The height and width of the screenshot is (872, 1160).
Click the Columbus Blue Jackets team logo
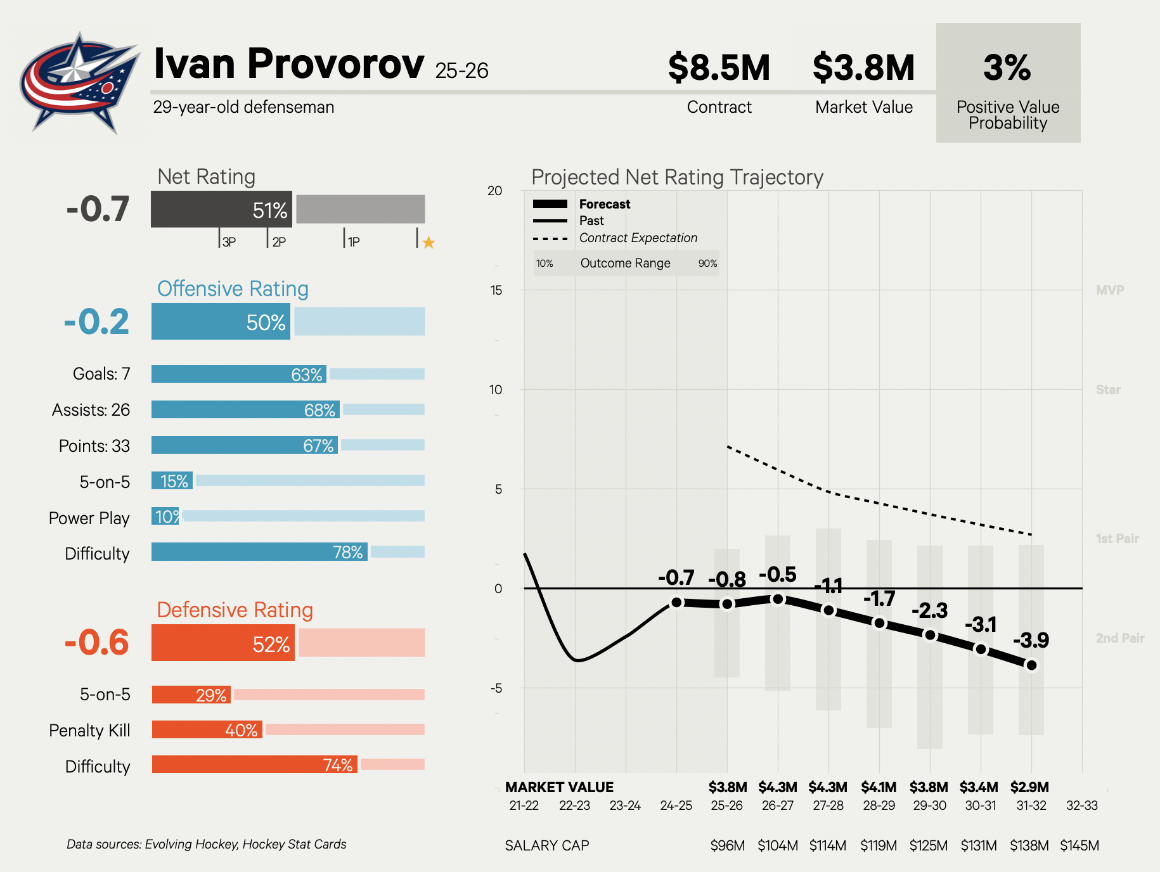pyautogui.click(x=79, y=82)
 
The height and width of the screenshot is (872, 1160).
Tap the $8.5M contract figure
pyautogui.click(x=719, y=68)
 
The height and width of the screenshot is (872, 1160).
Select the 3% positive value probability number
pyautogui.click(x=1007, y=68)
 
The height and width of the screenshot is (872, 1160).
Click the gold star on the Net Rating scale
pyautogui.click(x=429, y=242)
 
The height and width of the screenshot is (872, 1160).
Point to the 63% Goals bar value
pyautogui.click(x=307, y=375)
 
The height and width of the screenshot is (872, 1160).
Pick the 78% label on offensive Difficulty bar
pyautogui.click(x=348, y=552)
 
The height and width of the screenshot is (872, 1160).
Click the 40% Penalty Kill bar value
pyautogui.click(x=242, y=730)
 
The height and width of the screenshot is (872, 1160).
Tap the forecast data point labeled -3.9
pyautogui.click(x=1031, y=665)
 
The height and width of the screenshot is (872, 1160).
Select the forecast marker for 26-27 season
pyautogui.click(x=778, y=599)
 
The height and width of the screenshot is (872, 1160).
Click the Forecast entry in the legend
pyautogui.click(x=605, y=204)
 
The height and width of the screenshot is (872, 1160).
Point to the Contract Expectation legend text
pyautogui.click(x=638, y=238)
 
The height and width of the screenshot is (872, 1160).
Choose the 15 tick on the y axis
pyautogui.click(x=496, y=290)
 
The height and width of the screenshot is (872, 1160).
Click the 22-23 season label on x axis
pyautogui.click(x=574, y=805)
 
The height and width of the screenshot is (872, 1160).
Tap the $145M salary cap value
pyautogui.click(x=1079, y=845)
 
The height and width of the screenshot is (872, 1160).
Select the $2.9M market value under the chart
pyautogui.click(x=1029, y=787)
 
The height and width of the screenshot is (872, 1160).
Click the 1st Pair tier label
pyautogui.click(x=1117, y=539)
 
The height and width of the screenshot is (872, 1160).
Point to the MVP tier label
pyautogui.click(x=1110, y=290)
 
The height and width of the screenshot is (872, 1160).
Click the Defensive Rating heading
pyautogui.click(x=235, y=610)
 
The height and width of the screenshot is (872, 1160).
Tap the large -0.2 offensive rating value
pyautogui.click(x=97, y=322)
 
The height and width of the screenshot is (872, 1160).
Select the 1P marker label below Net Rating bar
pyautogui.click(x=354, y=242)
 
